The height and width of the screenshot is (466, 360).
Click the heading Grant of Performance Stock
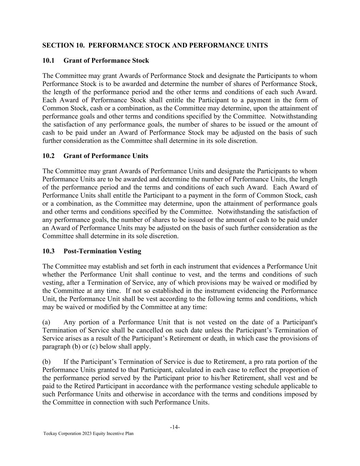click(106, 61)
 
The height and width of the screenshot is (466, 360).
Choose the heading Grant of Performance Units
click(106, 156)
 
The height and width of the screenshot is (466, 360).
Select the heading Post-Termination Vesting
click(102, 251)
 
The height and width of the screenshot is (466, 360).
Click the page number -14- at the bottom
click(175, 427)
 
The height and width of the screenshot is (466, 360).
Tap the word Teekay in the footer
click(50, 434)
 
